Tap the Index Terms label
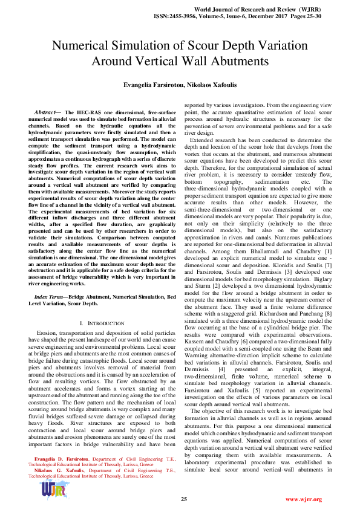(x=50, y=297)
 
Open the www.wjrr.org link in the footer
(x=303, y=499)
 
